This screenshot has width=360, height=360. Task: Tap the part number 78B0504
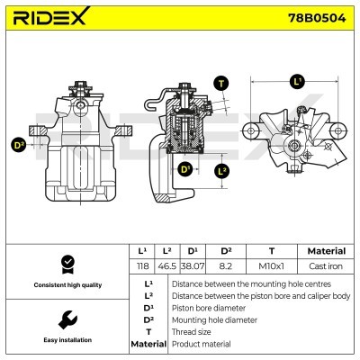click(317, 18)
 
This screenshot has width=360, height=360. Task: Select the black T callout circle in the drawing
click(221, 84)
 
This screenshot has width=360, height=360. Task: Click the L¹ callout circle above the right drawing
click(297, 82)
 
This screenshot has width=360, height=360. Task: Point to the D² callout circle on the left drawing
click(19, 145)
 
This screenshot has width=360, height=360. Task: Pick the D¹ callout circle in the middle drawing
click(185, 169)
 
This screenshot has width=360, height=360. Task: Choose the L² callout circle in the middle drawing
click(221, 172)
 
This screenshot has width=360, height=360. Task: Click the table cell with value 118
click(142, 266)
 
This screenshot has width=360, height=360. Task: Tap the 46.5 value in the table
click(166, 266)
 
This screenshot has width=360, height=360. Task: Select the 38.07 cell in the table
click(193, 266)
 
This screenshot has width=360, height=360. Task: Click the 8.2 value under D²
click(226, 266)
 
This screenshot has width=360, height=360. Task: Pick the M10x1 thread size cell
click(271, 266)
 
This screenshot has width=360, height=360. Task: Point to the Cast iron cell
click(326, 266)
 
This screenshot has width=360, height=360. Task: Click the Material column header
click(327, 251)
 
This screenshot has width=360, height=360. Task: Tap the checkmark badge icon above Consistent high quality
click(67, 265)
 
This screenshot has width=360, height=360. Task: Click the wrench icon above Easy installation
click(67, 320)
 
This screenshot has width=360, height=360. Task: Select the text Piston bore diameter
click(209, 308)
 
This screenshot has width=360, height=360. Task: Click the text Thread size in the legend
click(191, 332)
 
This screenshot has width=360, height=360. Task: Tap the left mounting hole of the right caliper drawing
click(251, 130)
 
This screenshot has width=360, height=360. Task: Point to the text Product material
click(202, 344)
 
